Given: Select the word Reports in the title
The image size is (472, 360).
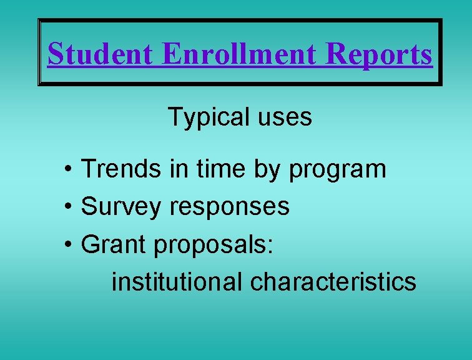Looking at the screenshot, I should click(380, 54).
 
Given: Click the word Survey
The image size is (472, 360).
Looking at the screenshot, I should click(121, 207).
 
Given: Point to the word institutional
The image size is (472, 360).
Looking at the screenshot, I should click(177, 282).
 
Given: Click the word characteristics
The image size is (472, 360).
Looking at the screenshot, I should click(333, 282).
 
